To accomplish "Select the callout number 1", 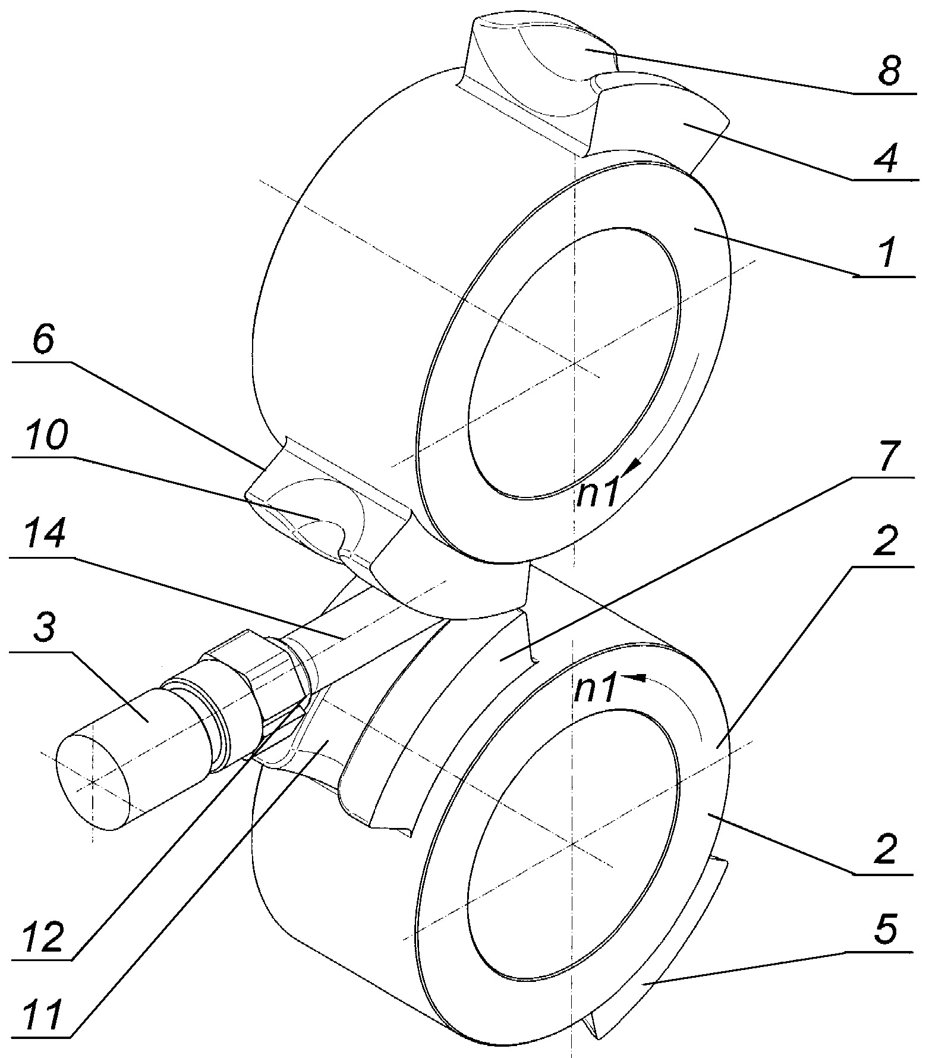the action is click(x=887, y=254).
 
